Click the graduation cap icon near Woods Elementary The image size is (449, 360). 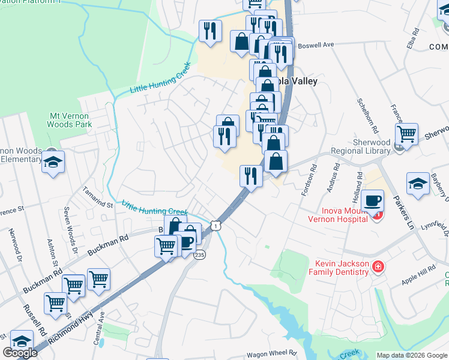click(x=53, y=161)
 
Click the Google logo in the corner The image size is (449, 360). click(x=20, y=353)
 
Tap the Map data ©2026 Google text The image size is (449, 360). click(x=411, y=355)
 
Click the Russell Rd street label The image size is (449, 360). click(x=34, y=319)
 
